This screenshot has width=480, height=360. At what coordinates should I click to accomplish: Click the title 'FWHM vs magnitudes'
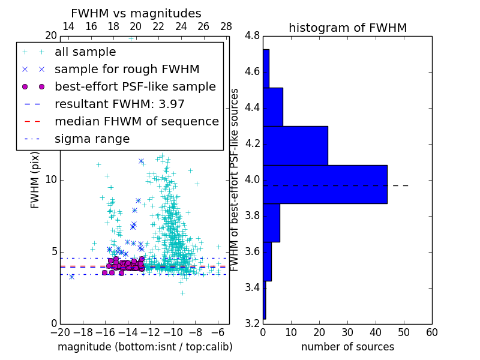tap(136, 13)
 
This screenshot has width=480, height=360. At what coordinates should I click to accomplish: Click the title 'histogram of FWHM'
tap(347, 28)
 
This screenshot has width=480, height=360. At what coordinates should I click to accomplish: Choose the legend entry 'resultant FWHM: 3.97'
tap(119, 104)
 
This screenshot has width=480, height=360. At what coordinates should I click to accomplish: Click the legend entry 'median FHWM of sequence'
tap(136, 121)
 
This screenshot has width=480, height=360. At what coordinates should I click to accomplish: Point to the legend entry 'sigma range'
tap(92, 139)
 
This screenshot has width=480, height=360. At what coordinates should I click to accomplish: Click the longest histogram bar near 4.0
tap(325, 184)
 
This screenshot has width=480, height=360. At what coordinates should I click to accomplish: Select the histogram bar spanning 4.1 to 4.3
tap(295, 145)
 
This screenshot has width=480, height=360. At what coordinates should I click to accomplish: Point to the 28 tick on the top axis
tap(226, 27)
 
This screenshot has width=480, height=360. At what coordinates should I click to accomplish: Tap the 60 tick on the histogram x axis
tap(431, 332)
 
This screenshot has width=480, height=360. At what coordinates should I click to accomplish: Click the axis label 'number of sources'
tap(347, 347)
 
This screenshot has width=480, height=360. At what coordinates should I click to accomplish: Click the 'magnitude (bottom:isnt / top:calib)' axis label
tap(145, 347)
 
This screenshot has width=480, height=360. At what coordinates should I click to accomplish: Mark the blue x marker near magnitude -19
tap(71, 277)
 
